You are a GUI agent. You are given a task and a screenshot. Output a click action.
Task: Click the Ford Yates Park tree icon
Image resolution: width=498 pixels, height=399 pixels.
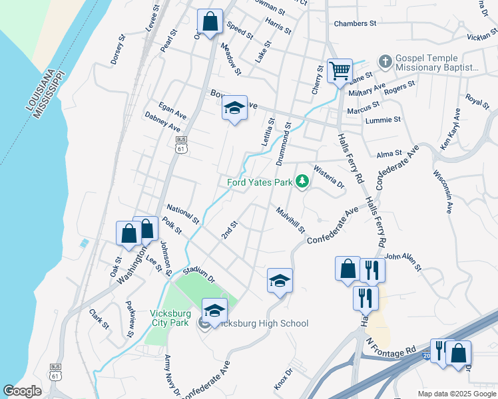pyautogui.click(x=302, y=182)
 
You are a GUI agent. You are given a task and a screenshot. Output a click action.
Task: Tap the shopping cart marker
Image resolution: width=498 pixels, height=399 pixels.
pyautogui.click(x=340, y=70)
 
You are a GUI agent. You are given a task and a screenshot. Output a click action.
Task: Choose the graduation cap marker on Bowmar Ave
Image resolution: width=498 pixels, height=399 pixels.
pyautogui.click(x=234, y=108)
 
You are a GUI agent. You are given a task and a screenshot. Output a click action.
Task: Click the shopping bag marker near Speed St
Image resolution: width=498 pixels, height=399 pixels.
pyautogui.click(x=210, y=21)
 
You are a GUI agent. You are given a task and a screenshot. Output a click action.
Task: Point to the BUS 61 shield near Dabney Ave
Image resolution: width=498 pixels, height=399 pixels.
pyautogui.click(x=181, y=144)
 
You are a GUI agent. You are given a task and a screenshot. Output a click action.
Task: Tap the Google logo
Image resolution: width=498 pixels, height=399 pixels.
pyautogui.click(x=22, y=390)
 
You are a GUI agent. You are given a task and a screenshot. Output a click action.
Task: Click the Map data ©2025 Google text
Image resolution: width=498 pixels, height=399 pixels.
pyautogui.click(x=457, y=394)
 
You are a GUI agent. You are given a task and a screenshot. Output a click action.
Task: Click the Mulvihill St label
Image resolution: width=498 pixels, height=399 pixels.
pyautogui.click(x=291, y=220)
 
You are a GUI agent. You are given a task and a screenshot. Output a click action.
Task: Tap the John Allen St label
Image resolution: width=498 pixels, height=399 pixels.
pyautogui.click(x=403, y=261)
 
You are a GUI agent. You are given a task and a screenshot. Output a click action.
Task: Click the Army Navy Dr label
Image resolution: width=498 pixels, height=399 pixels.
pyautogui.click(x=172, y=374)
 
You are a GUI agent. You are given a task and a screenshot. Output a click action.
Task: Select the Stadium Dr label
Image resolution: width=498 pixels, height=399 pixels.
pyautogui.click(x=198, y=274)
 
